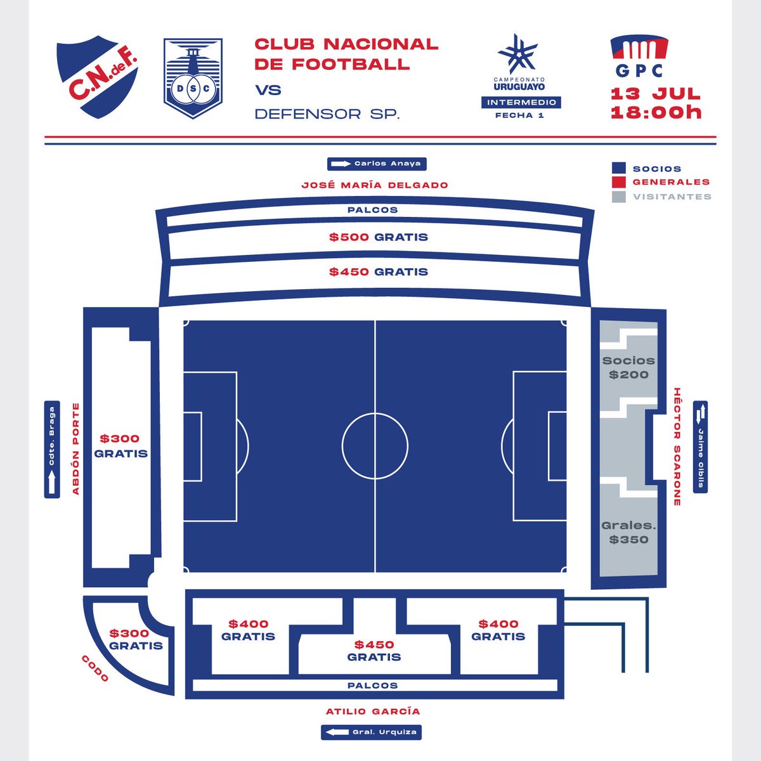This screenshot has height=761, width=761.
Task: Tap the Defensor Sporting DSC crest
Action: tap(193, 79)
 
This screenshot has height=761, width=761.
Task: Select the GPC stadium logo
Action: tap(639, 57)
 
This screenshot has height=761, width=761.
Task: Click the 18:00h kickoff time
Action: tap(656, 113)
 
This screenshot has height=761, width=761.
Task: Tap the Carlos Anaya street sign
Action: tap(377, 164)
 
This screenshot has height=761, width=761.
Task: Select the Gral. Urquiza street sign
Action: tap(371, 732)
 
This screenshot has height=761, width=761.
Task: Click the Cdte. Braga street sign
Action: tap(52, 450)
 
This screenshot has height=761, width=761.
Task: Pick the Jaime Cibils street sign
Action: tap(700, 446)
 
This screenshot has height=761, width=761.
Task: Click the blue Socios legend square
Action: tap(619, 169)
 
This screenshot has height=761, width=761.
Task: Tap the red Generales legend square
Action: tap(619, 182)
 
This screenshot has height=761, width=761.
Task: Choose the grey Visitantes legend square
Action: tap(619, 197)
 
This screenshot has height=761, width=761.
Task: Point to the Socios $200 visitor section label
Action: tap(628, 367)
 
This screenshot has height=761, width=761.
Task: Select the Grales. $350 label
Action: tap(628, 533)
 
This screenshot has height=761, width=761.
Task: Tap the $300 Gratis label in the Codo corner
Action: tap(136, 639)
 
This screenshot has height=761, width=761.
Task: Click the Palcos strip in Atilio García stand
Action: tap(373, 686)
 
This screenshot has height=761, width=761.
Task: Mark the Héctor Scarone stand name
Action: tap(677, 446)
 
